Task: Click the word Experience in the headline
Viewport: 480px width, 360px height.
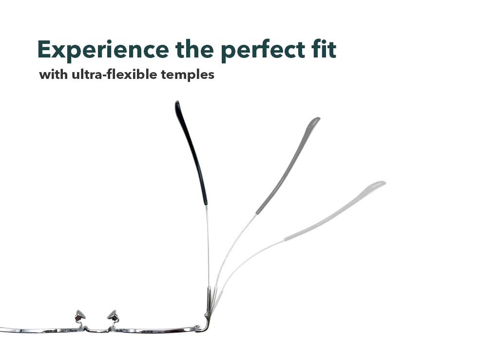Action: click(x=103, y=50)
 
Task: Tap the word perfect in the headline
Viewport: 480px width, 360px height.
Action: click(x=263, y=50)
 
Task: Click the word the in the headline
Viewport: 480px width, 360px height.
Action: click(x=195, y=49)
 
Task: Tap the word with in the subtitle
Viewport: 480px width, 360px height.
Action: click(x=53, y=74)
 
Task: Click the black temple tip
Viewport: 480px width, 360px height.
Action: click(x=191, y=152)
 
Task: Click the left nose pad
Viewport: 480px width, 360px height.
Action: click(x=81, y=315)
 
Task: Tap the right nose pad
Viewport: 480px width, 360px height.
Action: click(x=113, y=315)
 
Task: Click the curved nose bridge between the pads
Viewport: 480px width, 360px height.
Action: click(x=97, y=330)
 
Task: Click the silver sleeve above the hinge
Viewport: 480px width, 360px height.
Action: click(x=209, y=299)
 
